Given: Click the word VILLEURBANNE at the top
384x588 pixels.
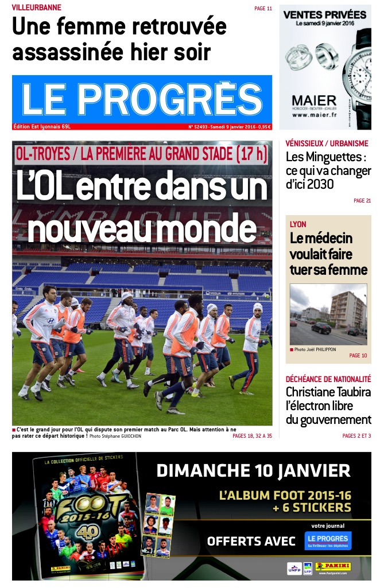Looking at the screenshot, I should [x=37, y=8].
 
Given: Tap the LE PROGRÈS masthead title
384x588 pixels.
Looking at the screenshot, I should [x=142, y=99].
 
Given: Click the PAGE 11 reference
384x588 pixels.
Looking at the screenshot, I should [x=263, y=9].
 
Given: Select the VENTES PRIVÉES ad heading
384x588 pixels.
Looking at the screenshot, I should [x=325, y=15].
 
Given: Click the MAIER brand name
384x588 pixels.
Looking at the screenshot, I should [x=314, y=100].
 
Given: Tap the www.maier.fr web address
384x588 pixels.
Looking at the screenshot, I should [x=314, y=115].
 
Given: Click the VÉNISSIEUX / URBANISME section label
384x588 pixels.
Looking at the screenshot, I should [x=327, y=143].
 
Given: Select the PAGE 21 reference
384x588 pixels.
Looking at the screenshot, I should [x=362, y=200].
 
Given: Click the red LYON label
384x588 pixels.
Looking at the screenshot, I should [x=298, y=224].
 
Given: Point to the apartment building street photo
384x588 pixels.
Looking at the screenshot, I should [x=328, y=314].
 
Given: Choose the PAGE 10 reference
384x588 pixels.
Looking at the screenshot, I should [x=358, y=356].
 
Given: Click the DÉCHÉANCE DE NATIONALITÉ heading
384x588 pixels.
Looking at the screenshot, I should [x=328, y=379].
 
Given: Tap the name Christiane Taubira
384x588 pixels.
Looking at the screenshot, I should [x=328, y=392].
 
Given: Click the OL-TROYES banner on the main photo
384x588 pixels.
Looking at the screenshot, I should [x=142, y=153].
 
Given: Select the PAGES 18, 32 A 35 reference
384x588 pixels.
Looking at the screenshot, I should [x=252, y=436].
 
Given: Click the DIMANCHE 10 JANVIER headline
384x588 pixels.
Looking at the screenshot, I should [x=253, y=472].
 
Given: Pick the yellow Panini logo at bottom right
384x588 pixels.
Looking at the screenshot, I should [x=332, y=567].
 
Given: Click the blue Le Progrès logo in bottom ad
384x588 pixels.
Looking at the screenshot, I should [x=328, y=541].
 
